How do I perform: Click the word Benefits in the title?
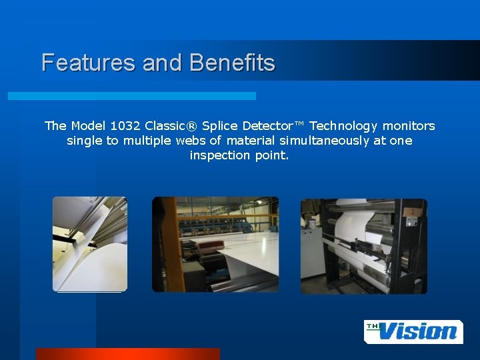coord(232,63)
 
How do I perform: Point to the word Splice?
coord(219,126)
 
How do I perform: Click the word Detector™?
coord(273,126)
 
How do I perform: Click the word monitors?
coord(409,126)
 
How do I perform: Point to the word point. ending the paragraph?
coord(272,155)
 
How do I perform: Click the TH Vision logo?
coord(413,331)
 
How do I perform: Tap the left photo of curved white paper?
coord(89,244)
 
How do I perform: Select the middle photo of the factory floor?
coord(215,244)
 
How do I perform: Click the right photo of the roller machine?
coord(363,246)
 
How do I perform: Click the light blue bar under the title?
coord(131,96)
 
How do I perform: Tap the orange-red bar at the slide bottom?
coord(127,353)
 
